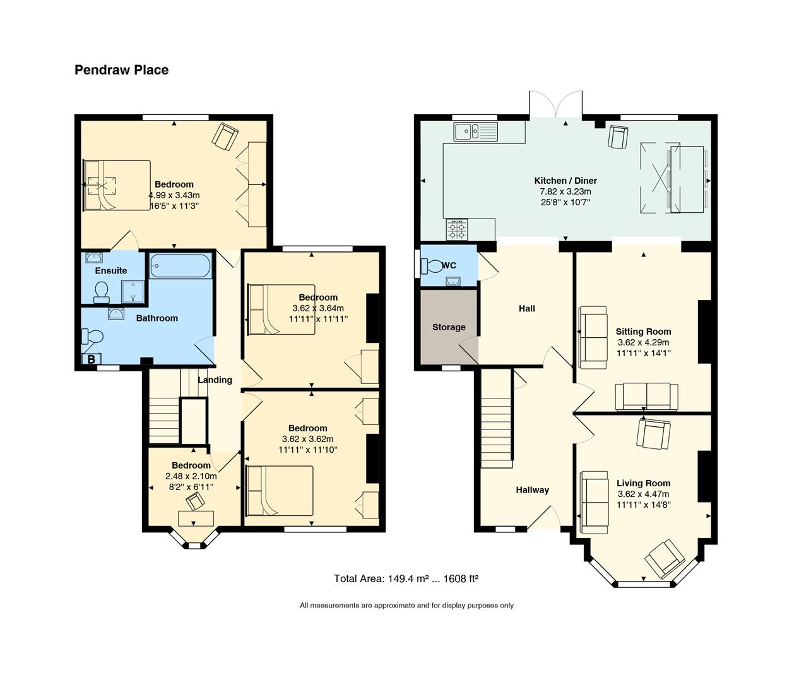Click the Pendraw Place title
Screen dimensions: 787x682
coord(121,70)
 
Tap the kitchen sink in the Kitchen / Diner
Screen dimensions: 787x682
coord(476,131)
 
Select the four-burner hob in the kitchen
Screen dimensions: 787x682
coord(458,229)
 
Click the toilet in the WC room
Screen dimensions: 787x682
coord(430,266)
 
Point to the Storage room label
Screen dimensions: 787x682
coord(449,327)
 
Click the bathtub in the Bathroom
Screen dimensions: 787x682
coord(180,266)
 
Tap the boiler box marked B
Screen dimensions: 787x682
coord(92,359)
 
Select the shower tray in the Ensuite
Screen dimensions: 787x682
coord(133,292)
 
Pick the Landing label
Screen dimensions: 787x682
coord(215,380)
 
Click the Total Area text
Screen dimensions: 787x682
coord(406,578)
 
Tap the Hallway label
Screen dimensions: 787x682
coord(532,490)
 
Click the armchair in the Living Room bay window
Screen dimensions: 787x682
coord(664,559)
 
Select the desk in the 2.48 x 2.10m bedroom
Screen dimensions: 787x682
coord(196,519)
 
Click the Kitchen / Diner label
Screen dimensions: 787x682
coord(565,181)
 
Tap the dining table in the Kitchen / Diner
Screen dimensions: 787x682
coord(687,179)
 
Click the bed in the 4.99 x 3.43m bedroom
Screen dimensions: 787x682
coord(117,185)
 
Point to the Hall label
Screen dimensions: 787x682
coord(526,309)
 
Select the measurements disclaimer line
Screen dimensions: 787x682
coord(406,606)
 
